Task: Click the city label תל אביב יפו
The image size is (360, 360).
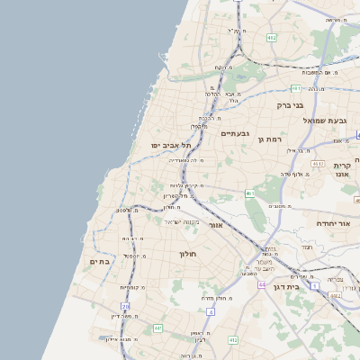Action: (x=171, y=145)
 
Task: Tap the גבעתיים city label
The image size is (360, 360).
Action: (x=234, y=132)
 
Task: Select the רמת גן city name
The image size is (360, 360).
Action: (x=270, y=139)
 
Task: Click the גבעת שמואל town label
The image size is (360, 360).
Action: (x=324, y=121)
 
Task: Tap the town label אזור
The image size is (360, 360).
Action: (x=215, y=225)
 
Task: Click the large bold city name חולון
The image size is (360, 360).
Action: (x=188, y=255)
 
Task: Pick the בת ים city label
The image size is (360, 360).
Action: (x=99, y=262)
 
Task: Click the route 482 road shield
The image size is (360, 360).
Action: (x=272, y=38)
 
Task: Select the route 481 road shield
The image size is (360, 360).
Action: (x=296, y=88)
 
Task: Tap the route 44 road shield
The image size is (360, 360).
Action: (x=261, y=284)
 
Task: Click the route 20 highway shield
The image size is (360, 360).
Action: (x=125, y=307)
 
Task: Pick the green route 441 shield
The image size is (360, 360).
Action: (x=157, y=328)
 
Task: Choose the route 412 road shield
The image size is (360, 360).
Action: (x=233, y=340)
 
